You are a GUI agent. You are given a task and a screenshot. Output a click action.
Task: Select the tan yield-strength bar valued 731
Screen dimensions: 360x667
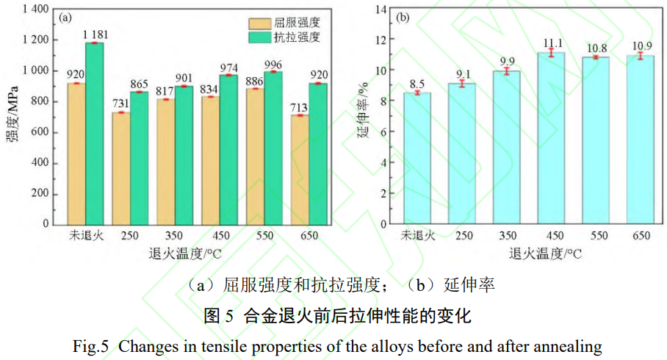pyautogui.click(x=121, y=168)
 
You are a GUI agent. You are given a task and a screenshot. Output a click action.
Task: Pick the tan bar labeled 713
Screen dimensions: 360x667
pyautogui.click(x=300, y=170)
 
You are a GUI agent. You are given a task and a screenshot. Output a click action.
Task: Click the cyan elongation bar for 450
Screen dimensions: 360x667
pyautogui.click(x=551, y=138)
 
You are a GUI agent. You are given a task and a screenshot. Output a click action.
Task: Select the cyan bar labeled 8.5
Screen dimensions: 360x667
pyautogui.click(x=417, y=158)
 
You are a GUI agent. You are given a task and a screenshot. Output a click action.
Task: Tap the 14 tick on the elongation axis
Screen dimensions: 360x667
pyautogui.click(x=381, y=9)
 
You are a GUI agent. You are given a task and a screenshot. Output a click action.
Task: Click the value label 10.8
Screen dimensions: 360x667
pyautogui.click(x=596, y=48)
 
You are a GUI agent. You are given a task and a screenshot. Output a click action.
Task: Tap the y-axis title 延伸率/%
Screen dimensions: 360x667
pyautogui.click(x=361, y=116)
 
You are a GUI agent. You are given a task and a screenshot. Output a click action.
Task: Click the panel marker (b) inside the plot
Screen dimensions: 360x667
pyautogui.click(x=403, y=18)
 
